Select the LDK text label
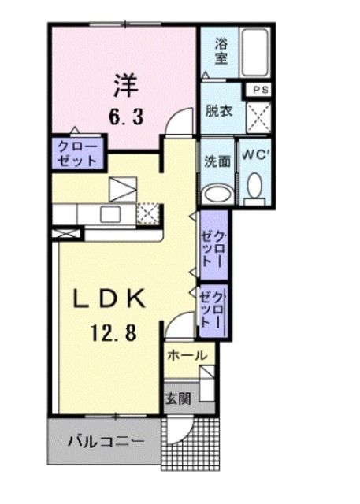pos(109,299)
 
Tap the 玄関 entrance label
pos(176,398)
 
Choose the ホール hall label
pos(187,356)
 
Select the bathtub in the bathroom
pos(255,51)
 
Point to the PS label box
pos(261,90)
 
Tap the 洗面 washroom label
pos(217,161)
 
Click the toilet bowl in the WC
pos(254,185)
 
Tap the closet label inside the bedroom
pos(76,152)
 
